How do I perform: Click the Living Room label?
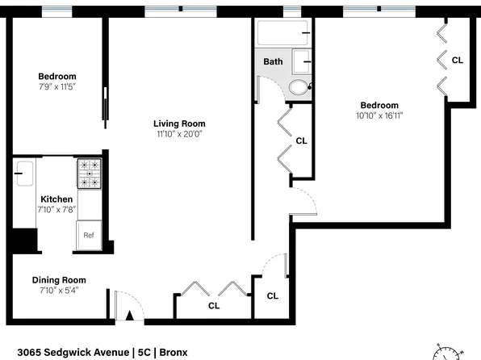pyautogui.click(x=179, y=123)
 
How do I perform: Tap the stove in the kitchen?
pyautogui.click(x=90, y=174)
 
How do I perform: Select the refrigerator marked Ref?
pyautogui.click(x=89, y=235)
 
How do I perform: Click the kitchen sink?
pyautogui.click(x=25, y=174)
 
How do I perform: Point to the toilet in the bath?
pyautogui.click(x=299, y=87)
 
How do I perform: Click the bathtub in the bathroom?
pyautogui.click(x=282, y=33)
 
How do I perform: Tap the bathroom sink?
pyautogui.click(x=302, y=61)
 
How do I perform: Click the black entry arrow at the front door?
pyautogui.click(x=130, y=316)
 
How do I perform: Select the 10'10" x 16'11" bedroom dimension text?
pyautogui.click(x=379, y=115)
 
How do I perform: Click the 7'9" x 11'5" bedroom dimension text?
pyautogui.click(x=57, y=87)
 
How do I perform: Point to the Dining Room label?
pyautogui.click(x=59, y=280)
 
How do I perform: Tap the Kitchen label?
pyautogui.click(x=56, y=199)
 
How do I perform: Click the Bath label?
pyautogui.click(x=273, y=61)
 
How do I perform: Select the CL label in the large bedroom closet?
pyautogui.click(x=458, y=61)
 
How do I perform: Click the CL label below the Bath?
pyautogui.click(x=301, y=141)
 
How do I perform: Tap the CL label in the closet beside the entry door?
pyautogui.click(x=214, y=306)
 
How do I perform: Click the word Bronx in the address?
pyautogui.click(x=174, y=352)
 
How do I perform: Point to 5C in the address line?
pyautogui.click(x=144, y=352)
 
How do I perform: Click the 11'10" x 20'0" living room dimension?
pyautogui.click(x=179, y=134)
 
